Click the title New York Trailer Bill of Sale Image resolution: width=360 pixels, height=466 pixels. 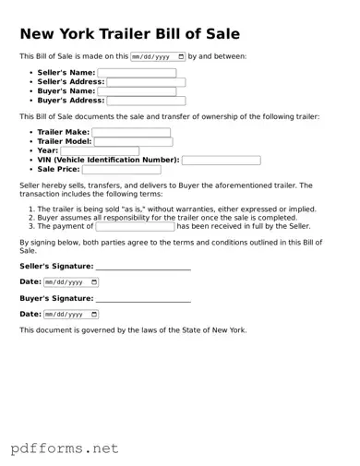(x=129, y=34)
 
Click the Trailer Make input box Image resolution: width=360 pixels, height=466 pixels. (x=131, y=132)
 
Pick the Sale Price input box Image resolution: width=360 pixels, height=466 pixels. (x=121, y=170)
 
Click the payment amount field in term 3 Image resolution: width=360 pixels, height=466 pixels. (x=135, y=226)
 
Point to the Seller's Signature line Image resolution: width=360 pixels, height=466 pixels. (x=143, y=267)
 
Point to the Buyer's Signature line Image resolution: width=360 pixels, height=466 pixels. (x=143, y=299)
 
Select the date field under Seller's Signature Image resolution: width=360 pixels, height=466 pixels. (x=71, y=281)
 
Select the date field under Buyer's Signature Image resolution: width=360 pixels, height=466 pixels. (x=71, y=315)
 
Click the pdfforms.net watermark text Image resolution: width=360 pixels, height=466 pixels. (x=65, y=448)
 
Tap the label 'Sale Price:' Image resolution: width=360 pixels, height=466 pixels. (x=58, y=170)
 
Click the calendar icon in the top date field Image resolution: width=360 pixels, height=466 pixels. (x=180, y=56)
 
